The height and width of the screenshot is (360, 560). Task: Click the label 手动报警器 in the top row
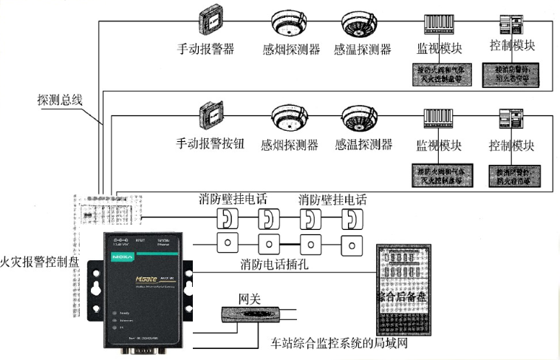click(x=205, y=50)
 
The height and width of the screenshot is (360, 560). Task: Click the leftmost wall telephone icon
click(x=225, y=218)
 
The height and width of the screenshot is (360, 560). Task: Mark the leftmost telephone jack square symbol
click(x=225, y=243)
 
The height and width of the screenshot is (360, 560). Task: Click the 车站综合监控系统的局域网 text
click(x=335, y=344)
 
